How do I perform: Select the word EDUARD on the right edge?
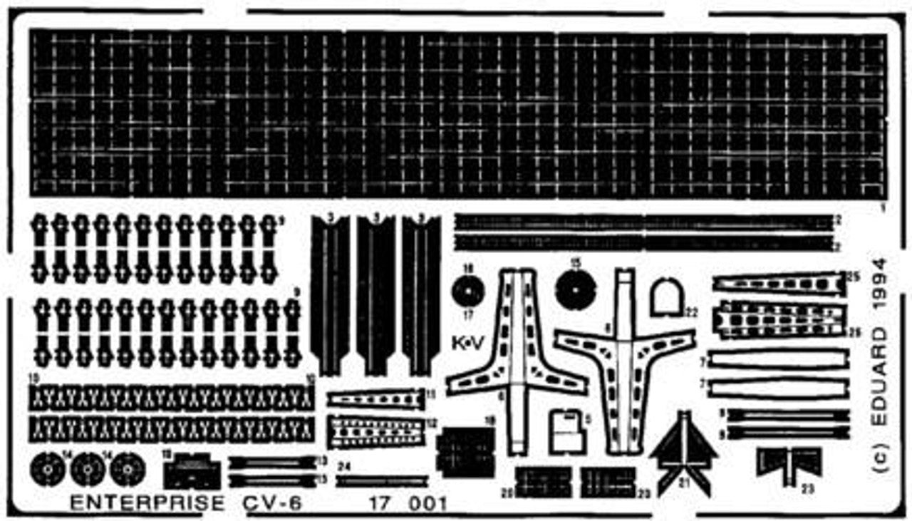[x=881, y=378]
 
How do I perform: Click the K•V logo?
[x=468, y=344]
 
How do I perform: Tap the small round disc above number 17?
[x=468, y=292]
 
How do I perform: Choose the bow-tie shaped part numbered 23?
[x=789, y=463]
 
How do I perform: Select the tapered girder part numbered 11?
[x=375, y=399]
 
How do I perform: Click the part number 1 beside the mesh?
[x=882, y=209]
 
